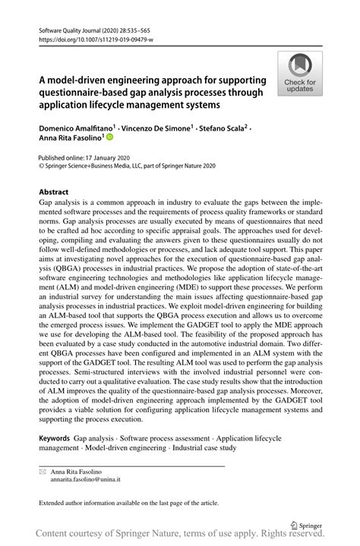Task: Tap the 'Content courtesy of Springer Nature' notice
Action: coord(180,535)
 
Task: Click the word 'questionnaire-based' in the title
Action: coord(89,92)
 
